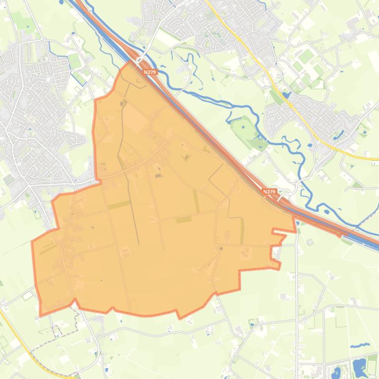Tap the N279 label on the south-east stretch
[x=269, y=191]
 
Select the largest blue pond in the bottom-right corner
[x=359, y=365]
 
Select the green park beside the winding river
[x=245, y=127]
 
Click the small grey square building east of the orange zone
[x=310, y=242]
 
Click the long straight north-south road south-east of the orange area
[x=297, y=295]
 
